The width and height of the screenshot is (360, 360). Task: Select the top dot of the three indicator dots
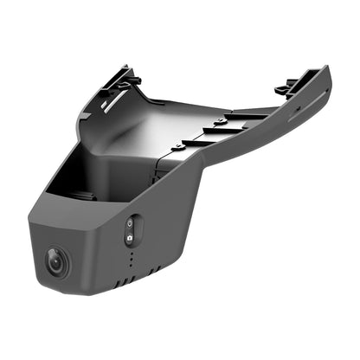click(x=131, y=254)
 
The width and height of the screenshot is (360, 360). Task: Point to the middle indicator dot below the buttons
click(x=131, y=260)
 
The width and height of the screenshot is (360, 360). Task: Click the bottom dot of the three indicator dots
click(x=131, y=266)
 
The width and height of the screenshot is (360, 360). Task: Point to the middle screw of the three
click(x=220, y=122)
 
